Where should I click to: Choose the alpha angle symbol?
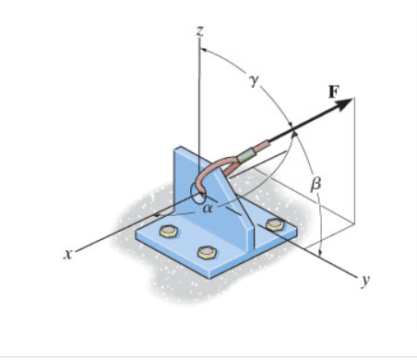coord(207,209)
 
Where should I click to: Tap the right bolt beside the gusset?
coord(274,224)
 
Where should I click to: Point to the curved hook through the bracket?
coord(212,174)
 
